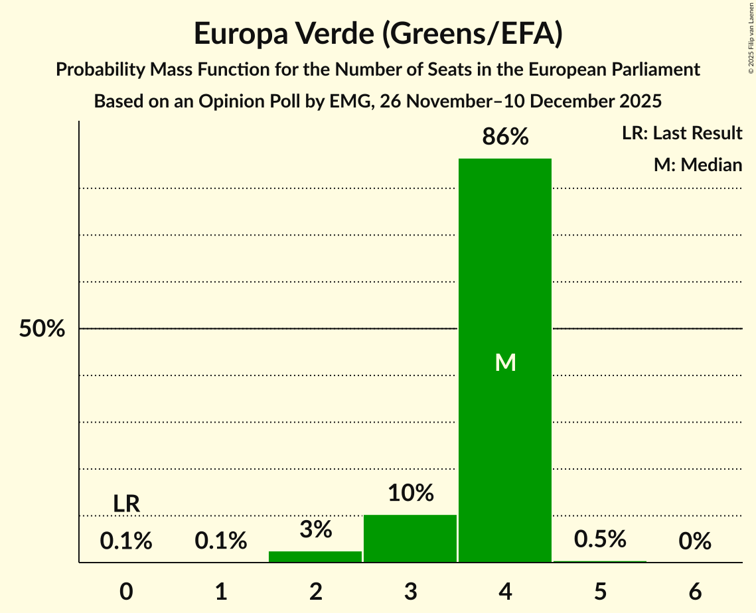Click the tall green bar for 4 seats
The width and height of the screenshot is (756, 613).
[505, 265]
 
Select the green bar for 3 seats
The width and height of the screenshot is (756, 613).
[410, 538]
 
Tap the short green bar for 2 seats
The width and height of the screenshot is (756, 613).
[315, 557]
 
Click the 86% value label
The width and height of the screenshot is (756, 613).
[505, 137]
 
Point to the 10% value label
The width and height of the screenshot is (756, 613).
[410, 493]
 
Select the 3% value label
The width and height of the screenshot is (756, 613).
[315, 529]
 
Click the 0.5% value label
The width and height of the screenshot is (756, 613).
[600, 539]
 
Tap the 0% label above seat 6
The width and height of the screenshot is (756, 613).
[695, 542]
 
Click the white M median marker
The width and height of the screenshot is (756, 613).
[505, 362]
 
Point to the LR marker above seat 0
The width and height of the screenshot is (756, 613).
[126, 504]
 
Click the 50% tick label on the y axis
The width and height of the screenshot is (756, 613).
[42, 329]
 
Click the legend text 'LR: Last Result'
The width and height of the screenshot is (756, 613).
[682, 133]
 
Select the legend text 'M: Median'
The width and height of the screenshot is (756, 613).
[698, 165]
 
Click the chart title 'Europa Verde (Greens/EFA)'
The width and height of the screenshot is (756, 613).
[378, 34]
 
